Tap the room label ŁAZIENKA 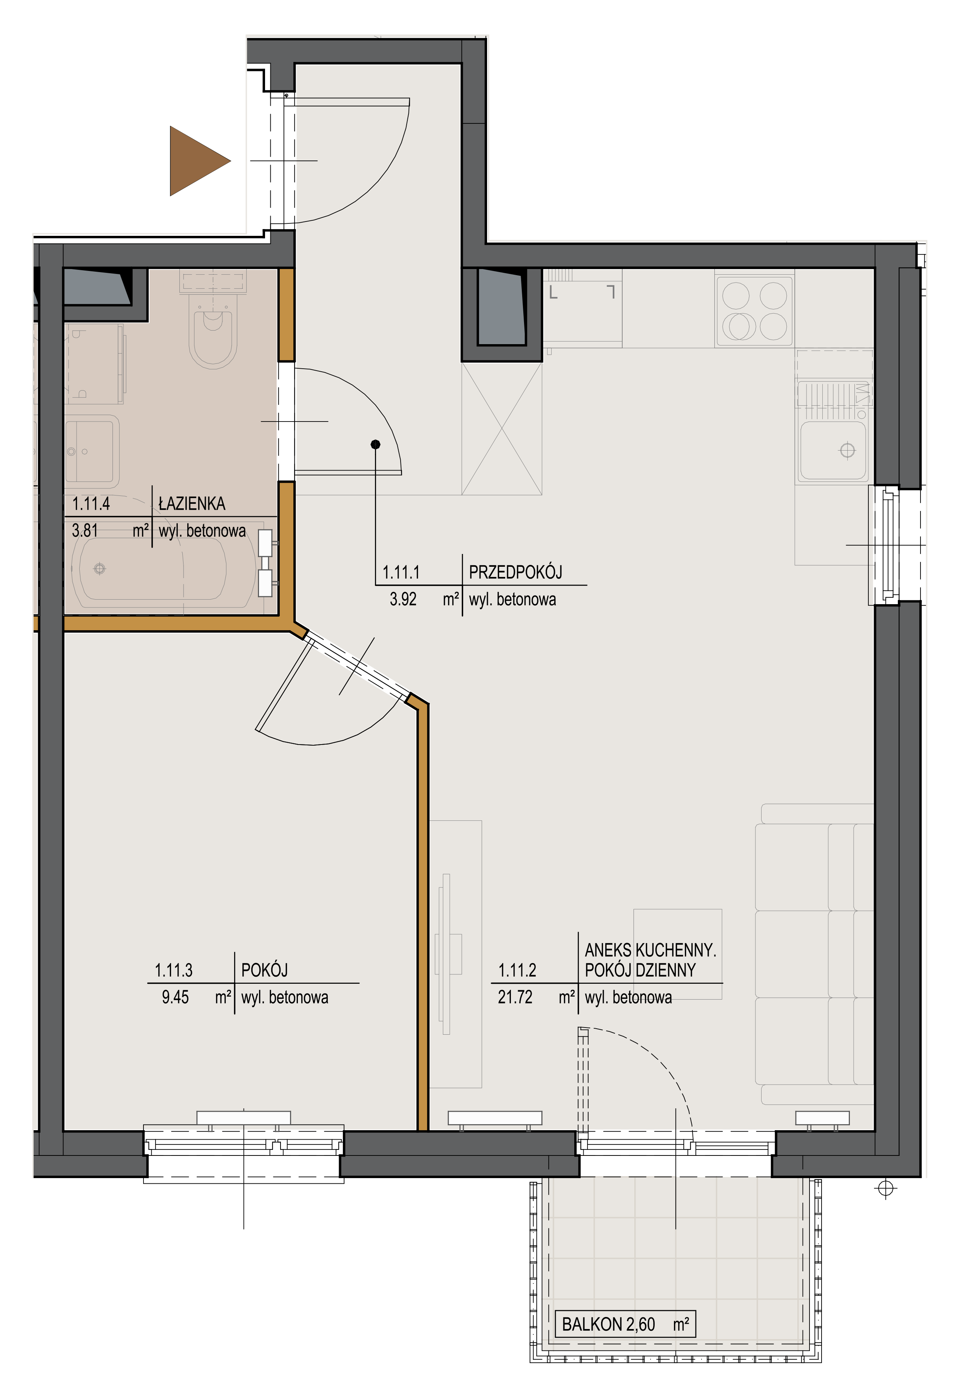pyautogui.click(x=192, y=504)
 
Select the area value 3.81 pyautogui.click(x=85, y=531)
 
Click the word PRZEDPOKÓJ pyautogui.click(x=515, y=572)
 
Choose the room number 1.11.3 pyautogui.click(x=174, y=971)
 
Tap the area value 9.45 pyautogui.click(x=176, y=998)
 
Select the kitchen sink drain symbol pyautogui.click(x=848, y=451)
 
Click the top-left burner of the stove pyautogui.click(x=736, y=296)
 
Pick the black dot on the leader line pyautogui.click(x=376, y=445)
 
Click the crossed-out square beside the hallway pyautogui.click(x=501, y=428)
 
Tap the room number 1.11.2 pyautogui.click(x=517, y=971)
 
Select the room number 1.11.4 pyautogui.click(x=91, y=504)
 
